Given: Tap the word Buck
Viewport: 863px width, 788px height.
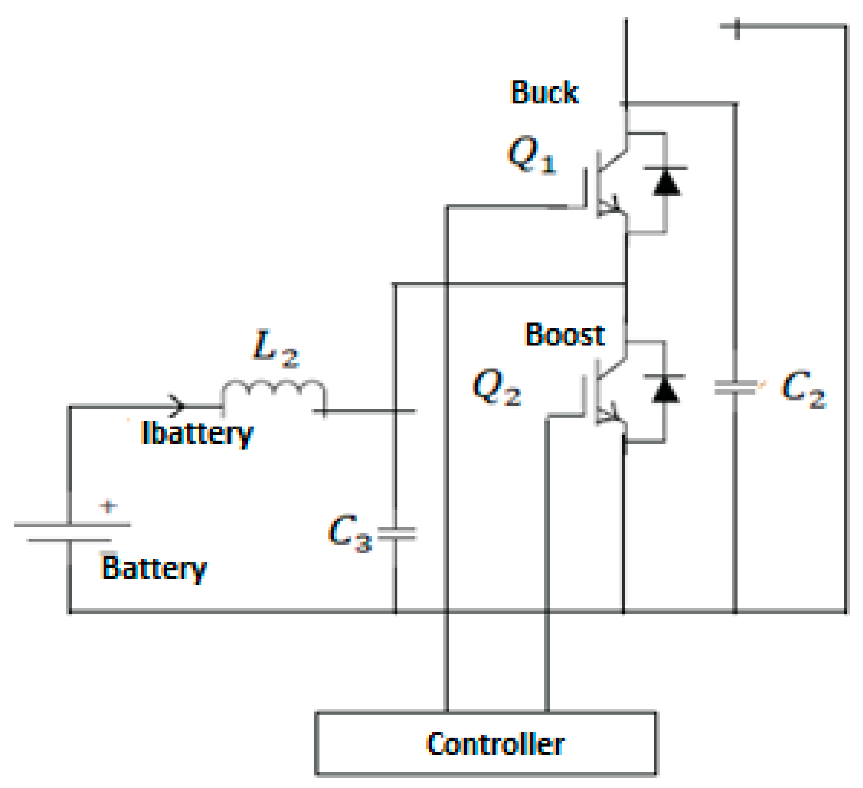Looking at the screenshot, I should [x=544, y=92].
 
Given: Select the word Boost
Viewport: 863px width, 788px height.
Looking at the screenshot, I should [x=564, y=335].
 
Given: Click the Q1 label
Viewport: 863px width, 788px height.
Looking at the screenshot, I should [x=531, y=155].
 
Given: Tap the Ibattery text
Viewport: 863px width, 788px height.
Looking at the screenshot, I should [x=197, y=433].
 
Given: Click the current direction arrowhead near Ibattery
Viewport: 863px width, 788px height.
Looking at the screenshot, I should [x=177, y=406].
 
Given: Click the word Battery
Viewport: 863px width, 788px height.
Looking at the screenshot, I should [x=154, y=568].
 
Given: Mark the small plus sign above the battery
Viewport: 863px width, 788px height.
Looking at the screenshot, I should [x=108, y=506].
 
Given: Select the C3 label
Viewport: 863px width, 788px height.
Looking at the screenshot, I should [x=349, y=534].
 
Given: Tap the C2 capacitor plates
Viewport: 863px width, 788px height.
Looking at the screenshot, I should [x=735, y=387].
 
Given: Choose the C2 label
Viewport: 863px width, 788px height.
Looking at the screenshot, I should [x=803, y=389].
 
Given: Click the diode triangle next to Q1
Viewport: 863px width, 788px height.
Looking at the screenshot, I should [x=666, y=183].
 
